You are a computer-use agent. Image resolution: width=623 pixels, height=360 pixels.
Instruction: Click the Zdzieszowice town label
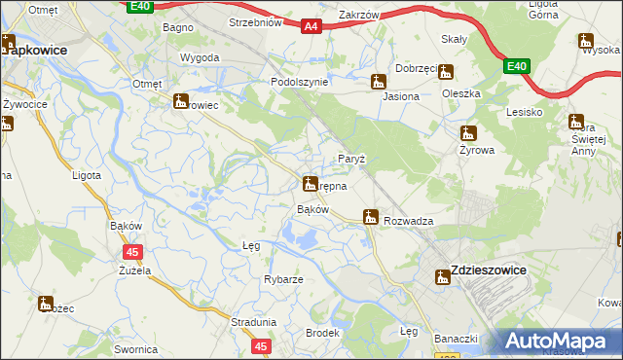[x=488, y=270]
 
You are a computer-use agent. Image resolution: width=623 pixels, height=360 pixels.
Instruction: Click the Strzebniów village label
[x=254, y=21]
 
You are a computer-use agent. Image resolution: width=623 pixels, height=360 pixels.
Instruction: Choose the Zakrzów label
[x=358, y=15]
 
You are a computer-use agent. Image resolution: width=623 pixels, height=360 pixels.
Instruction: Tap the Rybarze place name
[x=283, y=279]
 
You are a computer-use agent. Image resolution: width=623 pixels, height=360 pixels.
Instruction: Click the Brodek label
[x=322, y=333]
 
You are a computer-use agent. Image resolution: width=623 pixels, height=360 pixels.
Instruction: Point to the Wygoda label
[x=199, y=57]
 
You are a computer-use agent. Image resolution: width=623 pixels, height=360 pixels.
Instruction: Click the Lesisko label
[x=524, y=112]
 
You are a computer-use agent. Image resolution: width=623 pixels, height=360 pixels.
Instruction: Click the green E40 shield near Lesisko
[x=516, y=66]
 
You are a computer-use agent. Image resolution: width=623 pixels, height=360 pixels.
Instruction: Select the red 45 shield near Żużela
[x=133, y=252]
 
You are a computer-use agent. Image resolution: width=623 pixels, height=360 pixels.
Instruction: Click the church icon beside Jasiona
[x=379, y=83]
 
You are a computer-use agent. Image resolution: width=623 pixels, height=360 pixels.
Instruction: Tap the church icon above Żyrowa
[x=469, y=133]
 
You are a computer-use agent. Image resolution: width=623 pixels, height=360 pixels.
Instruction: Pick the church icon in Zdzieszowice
[x=443, y=277]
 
